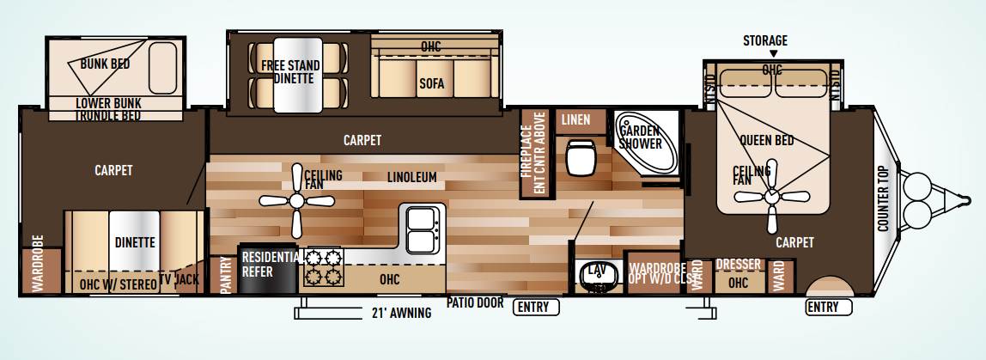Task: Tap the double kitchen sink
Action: coord(420,228)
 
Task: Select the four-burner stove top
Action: coord(321,266)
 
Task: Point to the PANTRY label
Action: coord(226,275)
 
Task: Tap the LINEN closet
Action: coord(576,120)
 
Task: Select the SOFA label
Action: coord(430,83)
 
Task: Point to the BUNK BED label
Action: coord(105,64)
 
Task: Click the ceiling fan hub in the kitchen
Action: coord(296,200)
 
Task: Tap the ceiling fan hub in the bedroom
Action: coord(771,197)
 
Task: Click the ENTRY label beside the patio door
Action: coord(536,307)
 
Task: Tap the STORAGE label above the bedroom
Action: coord(765,40)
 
